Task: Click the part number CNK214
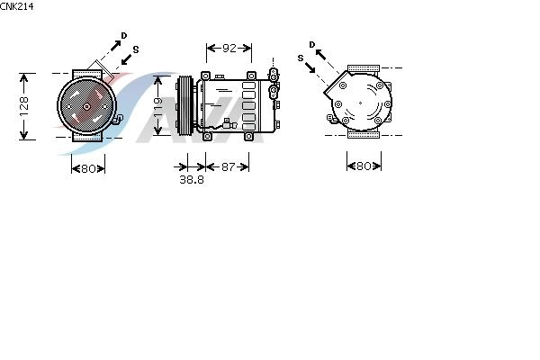(16, 6)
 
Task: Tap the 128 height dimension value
(23, 106)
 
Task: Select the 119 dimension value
(157, 107)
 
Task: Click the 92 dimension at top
(229, 49)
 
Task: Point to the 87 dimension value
(228, 166)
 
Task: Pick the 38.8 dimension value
(192, 179)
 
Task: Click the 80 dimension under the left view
(88, 169)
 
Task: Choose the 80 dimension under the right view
(364, 166)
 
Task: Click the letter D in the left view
(123, 35)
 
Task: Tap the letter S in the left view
(136, 49)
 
